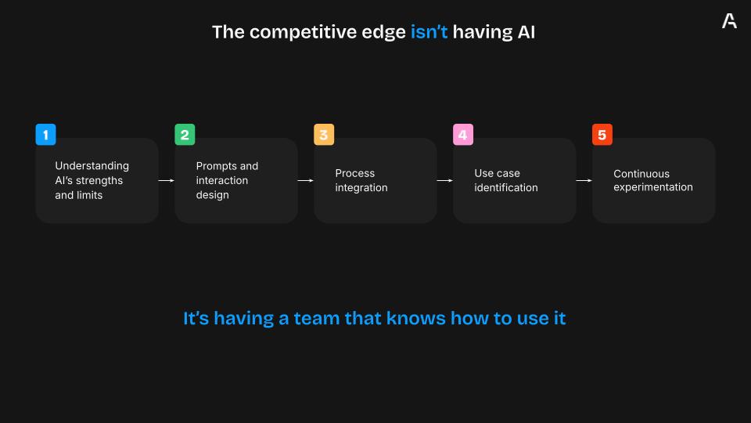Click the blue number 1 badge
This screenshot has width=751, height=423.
pos(45,134)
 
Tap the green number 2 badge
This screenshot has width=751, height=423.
pos(185,134)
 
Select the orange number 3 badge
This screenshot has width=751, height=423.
pos(324,134)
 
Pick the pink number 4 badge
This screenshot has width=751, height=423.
pos(463,134)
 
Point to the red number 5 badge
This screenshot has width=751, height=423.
pos(602,134)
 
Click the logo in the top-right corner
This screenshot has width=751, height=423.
pos(729,20)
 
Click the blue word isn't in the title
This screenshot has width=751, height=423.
pos(429,32)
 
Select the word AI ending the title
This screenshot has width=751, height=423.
pos(526,32)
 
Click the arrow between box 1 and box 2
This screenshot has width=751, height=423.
pos(166,180)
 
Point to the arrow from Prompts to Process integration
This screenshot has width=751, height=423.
pos(306,180)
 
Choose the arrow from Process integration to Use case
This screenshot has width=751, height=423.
pos(445,180)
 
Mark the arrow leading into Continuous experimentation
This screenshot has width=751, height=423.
pos(584,180)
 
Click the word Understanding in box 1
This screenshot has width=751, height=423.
pos(92,166)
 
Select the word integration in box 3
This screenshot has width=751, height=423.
pos(361,188)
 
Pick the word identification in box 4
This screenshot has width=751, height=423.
pos(506,187)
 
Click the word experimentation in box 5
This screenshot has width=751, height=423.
pos(652,187)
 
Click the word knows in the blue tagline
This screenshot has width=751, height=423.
pos(415,319)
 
